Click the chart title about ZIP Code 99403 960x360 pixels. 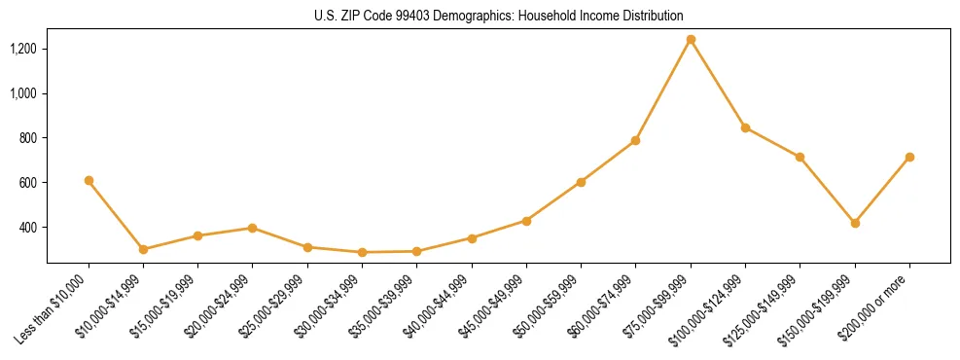tap(498, 16)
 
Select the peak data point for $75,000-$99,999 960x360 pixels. tap(691, 40)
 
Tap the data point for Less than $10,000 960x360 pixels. tap(89, 180)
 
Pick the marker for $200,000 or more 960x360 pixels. tap(909, 157)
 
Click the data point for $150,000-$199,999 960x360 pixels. tap(855, 223)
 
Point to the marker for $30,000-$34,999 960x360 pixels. tap(362, 252)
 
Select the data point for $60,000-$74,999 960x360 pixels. tap(635, 140)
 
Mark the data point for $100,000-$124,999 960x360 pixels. tap(745, 127)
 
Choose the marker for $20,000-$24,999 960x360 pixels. tap(253, 228)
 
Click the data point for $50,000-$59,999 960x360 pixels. tap(581, 182)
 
